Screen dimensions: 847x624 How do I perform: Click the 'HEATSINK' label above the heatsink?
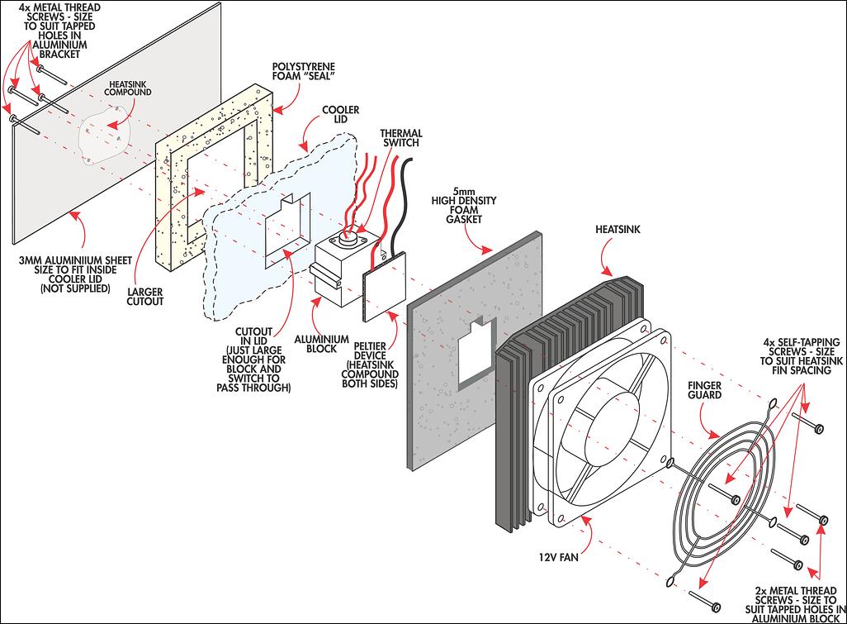point(618,229)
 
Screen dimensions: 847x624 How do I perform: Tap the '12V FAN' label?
point(558,556)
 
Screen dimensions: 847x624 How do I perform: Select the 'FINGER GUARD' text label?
point(704,390)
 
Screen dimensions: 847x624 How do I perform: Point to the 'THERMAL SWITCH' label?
point(401,138)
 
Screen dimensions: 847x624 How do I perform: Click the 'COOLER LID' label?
point(340,114)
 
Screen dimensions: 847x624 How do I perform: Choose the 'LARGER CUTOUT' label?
point(144,297)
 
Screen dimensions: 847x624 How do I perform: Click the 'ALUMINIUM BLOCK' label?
point(321,344)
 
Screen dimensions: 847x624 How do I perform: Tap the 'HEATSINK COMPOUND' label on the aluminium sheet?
point(127,88)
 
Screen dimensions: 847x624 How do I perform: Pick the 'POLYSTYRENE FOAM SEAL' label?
point(304,71)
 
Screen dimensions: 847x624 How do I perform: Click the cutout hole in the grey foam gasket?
point(476,355)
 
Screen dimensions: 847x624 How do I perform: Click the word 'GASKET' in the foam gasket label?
point(464,219)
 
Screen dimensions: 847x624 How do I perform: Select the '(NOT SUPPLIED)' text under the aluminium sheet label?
point(75,288)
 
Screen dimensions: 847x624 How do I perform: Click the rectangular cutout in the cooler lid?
point(287,231)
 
